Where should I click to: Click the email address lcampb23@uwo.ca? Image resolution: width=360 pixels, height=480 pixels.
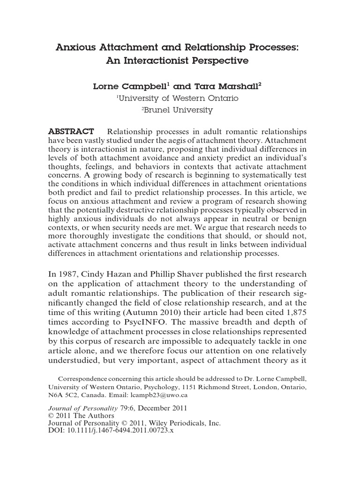160,395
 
